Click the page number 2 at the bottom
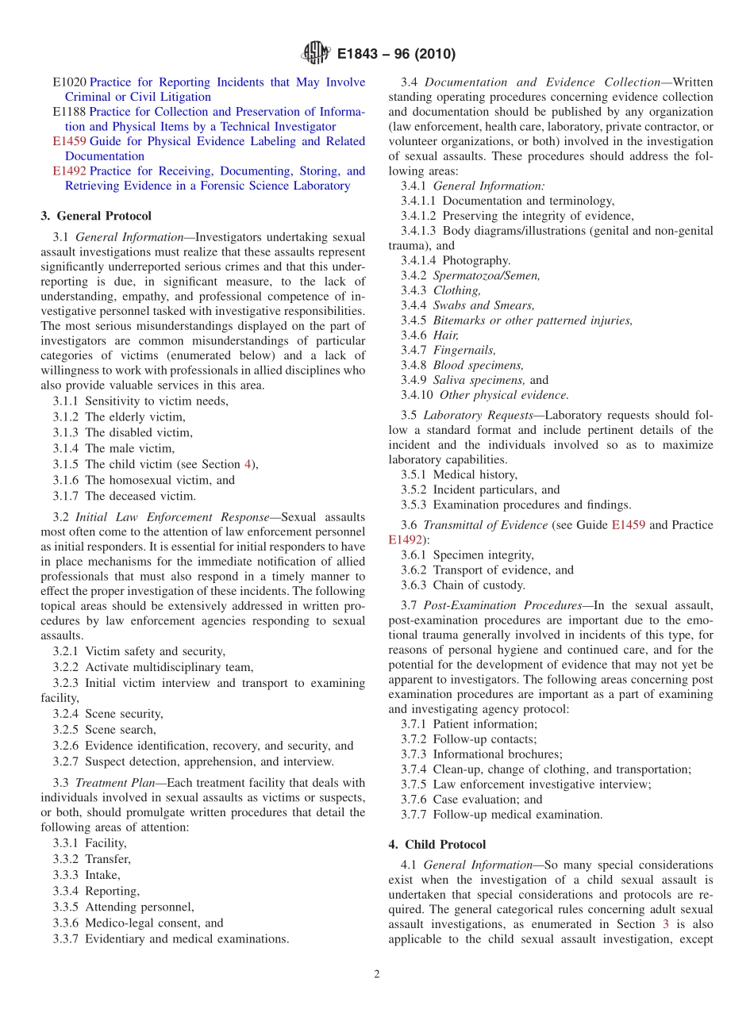377,975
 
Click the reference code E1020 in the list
69,82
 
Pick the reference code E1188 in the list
69,112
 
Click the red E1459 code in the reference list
69,141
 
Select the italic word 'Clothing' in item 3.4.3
456,290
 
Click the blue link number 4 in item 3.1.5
248,464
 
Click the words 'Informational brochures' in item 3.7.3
497,754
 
